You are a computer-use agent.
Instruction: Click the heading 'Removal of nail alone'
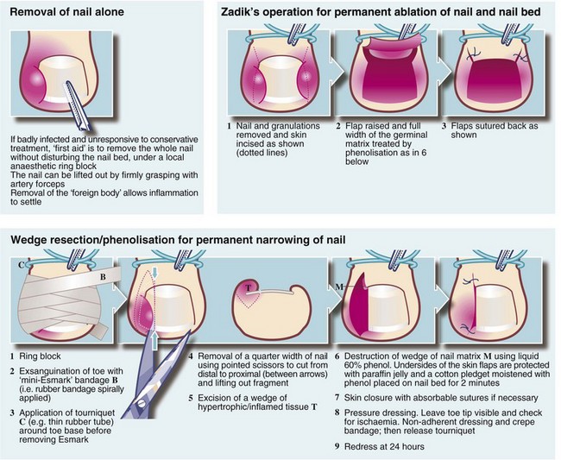67,12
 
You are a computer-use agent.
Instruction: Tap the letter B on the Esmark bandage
103,276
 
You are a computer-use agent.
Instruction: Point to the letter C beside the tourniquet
21,265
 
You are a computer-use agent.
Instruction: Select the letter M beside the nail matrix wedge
339,287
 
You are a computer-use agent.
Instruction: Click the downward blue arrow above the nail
154,273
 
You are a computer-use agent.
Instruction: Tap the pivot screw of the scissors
141,404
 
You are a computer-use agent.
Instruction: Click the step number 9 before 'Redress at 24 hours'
337,447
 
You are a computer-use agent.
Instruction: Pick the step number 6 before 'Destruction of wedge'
337,356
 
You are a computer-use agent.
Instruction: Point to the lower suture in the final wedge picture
468,327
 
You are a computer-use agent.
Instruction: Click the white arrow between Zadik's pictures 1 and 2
337,71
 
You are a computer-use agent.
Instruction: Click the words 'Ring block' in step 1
40,356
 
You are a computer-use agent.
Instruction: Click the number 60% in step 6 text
352,375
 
